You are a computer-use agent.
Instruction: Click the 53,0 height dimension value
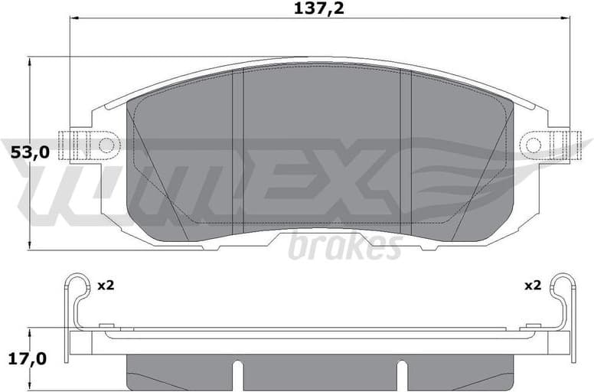[x=30, y=152]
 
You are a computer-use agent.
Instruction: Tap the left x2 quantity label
[x=106, y=286]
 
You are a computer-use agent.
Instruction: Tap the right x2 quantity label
[x=533, y=286]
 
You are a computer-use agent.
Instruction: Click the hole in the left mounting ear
[x=106, y=144]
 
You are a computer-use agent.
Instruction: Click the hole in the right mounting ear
[x=534, y=144]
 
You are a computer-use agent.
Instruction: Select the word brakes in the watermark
[x=345, y=247]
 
